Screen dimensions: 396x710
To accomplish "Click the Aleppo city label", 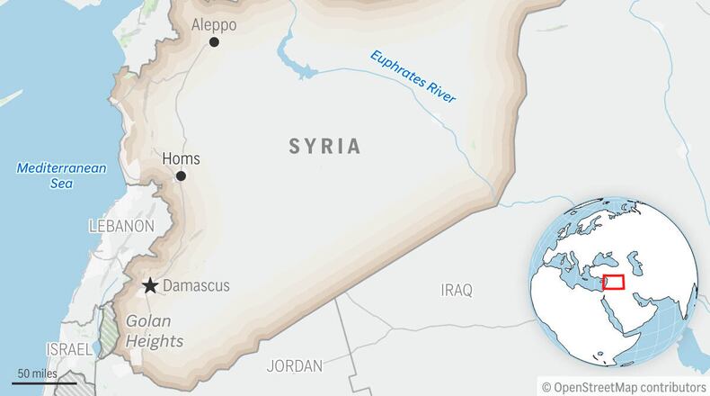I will pyautogui.click(x=214, y=24).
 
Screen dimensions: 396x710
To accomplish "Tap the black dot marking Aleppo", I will pyautogui.click(x=214, y=42).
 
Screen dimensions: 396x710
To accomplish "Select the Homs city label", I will pyautogui.click(x=181, y=158).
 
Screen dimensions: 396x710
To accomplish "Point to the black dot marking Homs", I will pyautogui.click(x=181, y=176).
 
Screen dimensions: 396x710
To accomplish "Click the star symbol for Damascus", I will pyautogui.click(x=150, y=286).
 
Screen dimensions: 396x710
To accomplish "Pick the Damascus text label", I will pyautogui.click(x=196, y=286).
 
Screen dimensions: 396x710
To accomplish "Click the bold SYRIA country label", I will pyautogui.click(x=324, y=146).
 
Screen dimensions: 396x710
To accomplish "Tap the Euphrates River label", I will pyautogui.click(x=413, y=76).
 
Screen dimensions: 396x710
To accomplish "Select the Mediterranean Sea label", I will pyautogui.click(x=62, y=175).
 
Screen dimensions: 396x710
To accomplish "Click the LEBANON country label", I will pyautogui.click(x=121, y=226).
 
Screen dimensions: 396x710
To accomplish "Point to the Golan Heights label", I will pyautogui.click(x=155, y=330).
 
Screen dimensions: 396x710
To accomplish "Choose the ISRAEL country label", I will pyautogui.click(x=68, y=348).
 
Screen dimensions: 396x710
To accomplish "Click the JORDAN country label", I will pyautogui.click(x=294, y=366).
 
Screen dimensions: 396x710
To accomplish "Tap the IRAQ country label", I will pyautogui.click(x=457, y=290).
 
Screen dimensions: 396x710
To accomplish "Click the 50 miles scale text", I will pyautogui.click(x=37, y=373).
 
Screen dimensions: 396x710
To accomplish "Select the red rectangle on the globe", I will pyautogui.click(x=615, y=282).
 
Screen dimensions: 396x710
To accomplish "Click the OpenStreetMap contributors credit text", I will pyautogui.click(x=624, y=386).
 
